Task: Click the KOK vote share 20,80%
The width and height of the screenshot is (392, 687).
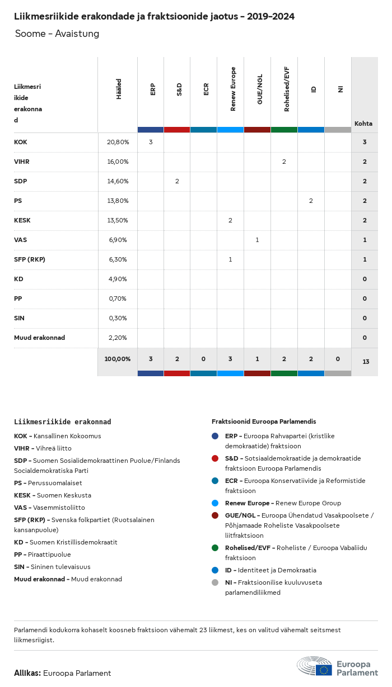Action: pyautogui.click(x=118, y=142)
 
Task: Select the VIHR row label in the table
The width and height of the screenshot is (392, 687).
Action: pyautogui.click(x=22, y=162)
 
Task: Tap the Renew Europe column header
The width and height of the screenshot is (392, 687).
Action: pyautogui.click(x=233, y=89)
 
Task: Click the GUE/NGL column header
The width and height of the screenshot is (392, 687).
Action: pyautogui.click(x=259, y=90)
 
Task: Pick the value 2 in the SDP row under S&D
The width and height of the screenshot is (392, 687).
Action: pyautogui.click(x=177, y=181)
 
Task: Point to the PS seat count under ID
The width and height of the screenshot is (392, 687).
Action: pyautogui.click(x=311, y=201)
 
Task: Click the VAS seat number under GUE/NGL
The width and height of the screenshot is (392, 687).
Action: pyautogui.click(x=257, y=240)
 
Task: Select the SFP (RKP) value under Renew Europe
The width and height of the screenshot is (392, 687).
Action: pyautogui.click(x=230, y=259)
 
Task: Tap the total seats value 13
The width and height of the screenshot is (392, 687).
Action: pyautogui.click(x=366, y=362)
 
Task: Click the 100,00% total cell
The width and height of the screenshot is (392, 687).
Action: pyautogui.click(x=118, y=359)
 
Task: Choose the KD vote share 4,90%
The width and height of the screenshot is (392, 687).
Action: pyautogui.click(x=118, y=279)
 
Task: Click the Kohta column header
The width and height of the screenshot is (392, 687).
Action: pyautogui.click(x=363, y=124)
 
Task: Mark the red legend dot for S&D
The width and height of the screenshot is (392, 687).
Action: pyautogui.click(x=215, y=458)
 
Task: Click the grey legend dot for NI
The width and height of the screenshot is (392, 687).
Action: pyautogui.click(x=215, y=582)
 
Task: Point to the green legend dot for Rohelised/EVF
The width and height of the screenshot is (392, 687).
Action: pyautogui.click(x=215, y=548)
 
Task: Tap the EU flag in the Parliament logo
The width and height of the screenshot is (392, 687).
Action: pyautogui.click(x=324, y=669)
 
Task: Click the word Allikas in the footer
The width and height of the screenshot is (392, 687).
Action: pyautogui.click(x=27, y=673)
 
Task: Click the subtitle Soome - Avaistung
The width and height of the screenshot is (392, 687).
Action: pyautogui.click(x=57, y=34)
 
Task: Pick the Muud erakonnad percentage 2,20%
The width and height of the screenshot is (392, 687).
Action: pyautogui.click(x=118, y=338)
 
